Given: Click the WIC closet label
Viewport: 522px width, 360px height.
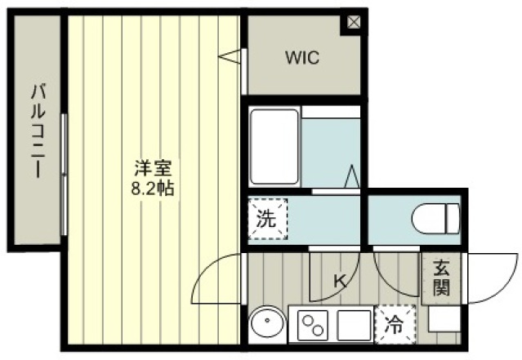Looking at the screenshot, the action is coord(302,57).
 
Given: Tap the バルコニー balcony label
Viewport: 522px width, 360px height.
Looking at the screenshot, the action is coord(38,131).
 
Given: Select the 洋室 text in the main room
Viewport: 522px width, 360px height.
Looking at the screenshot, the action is coord(153,168).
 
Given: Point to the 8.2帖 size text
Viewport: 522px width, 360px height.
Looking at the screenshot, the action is coord(153,189).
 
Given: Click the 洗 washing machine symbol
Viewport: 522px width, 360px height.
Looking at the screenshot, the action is coord(268,219).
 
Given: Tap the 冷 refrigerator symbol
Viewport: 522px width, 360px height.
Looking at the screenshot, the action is coord(395,324).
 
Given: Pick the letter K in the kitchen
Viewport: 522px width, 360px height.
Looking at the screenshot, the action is coord(340,282).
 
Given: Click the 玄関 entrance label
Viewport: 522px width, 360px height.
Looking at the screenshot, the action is coord(441,279).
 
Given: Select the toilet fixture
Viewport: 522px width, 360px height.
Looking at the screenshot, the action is coord(435,219).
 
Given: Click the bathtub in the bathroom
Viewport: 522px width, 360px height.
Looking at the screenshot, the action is coord(274,147).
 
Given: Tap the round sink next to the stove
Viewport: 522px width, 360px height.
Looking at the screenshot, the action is coord(267,322).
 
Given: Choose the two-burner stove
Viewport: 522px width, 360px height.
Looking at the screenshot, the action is coord(313,325).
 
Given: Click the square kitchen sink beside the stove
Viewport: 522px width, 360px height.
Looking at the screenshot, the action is coord(354,325).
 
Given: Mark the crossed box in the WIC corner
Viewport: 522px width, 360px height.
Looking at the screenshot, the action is coord(354,22).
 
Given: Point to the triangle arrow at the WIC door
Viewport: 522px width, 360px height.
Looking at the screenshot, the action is coord(230,56).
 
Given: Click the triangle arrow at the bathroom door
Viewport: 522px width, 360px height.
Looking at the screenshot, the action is coord(352,176).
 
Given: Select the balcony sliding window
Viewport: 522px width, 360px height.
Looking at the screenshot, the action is coord(64,175).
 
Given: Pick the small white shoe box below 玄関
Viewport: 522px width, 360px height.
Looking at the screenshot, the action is coord(444,318).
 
